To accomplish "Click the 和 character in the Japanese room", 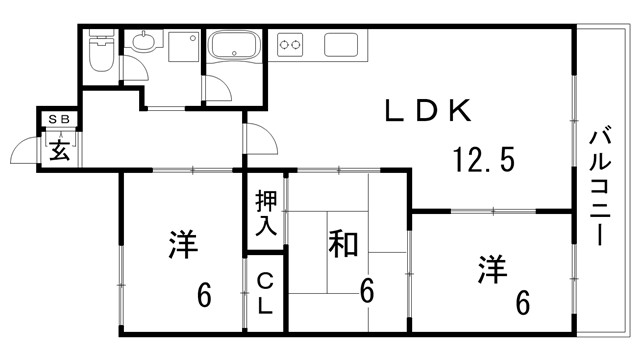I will tap(344, 245).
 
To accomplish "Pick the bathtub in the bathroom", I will tap(234, 46).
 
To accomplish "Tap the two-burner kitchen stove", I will tap(291, 44).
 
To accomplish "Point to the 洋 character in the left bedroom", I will tap(181, 245).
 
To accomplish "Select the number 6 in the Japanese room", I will tap(367, 292).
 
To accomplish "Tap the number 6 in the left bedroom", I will tap(204, 296).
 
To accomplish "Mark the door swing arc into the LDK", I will tap(258, 137).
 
